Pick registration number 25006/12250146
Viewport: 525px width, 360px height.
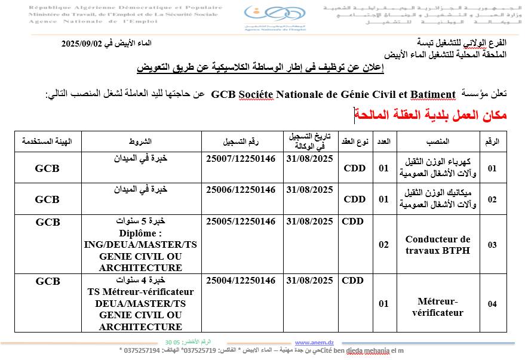[x=241, y=189]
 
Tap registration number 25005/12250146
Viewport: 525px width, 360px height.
[x=241, y=221]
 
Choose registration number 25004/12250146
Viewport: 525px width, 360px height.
[x=241, y=280]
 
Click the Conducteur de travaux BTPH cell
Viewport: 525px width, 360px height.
[x=438, y=244]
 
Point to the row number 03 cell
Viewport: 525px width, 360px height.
[x=492, y=245]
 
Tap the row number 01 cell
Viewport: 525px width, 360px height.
[x=492, y=168]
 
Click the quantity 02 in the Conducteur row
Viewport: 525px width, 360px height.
[x=384, y=244]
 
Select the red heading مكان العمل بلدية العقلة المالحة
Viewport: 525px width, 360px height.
[x=431, y=115]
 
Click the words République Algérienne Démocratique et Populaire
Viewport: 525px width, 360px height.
[x=125, y=8]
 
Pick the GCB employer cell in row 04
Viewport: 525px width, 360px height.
[x=48, y=280]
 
